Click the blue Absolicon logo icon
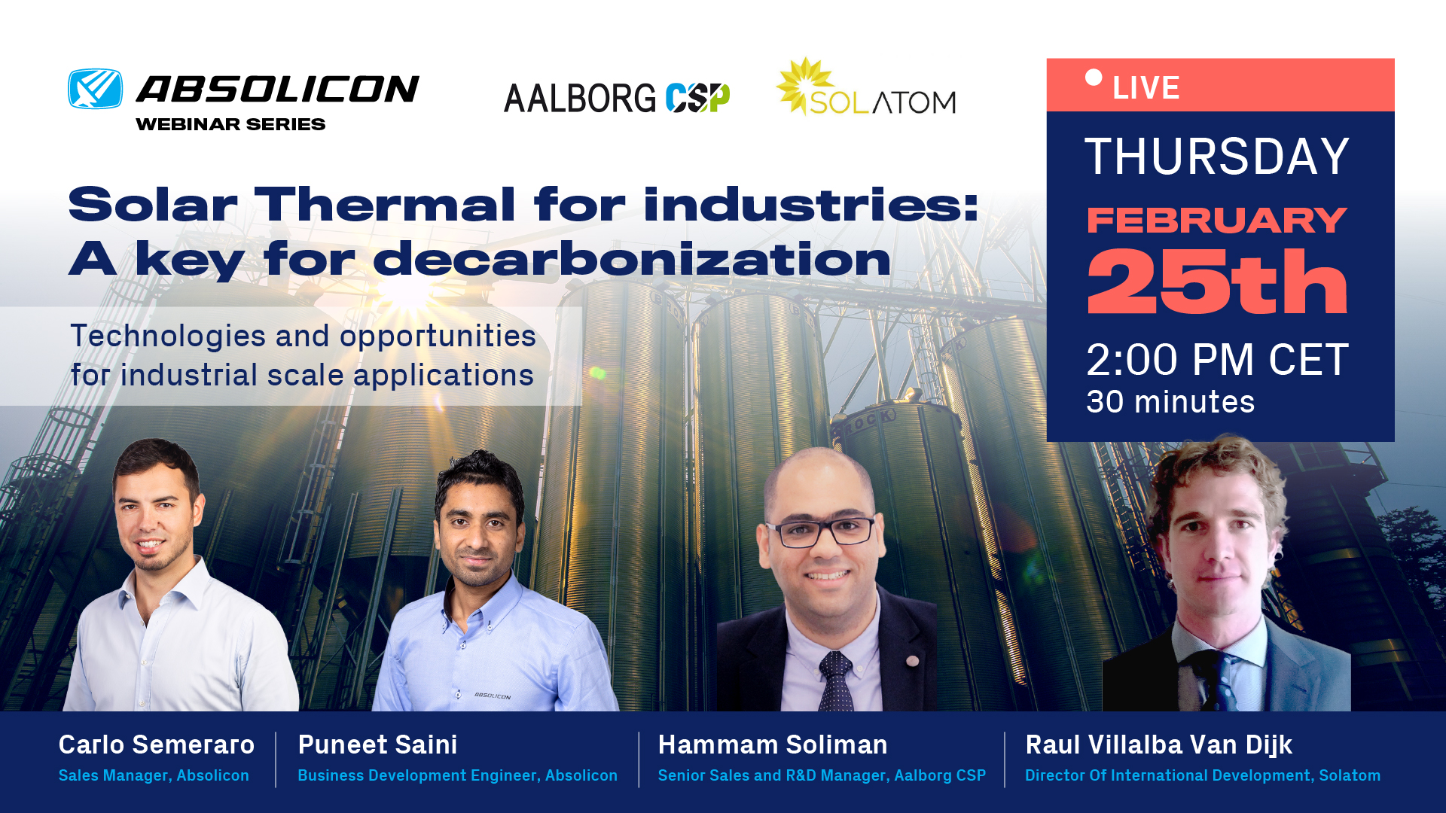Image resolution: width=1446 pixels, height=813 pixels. coord(96,89)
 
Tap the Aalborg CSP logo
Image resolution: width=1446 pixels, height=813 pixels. coord(617,98)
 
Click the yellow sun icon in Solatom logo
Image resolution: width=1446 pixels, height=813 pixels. coord(805,84)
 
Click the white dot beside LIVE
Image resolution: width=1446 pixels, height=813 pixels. coord(1094,78)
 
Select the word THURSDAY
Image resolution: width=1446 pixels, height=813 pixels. coord(1216,157)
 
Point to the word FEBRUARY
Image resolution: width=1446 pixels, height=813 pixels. coord(1216,221)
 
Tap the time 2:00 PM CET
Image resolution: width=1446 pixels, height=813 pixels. coord(1216,360)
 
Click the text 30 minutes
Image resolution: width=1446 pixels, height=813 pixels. coord(1170,402)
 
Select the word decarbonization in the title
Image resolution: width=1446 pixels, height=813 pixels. coord(632,260)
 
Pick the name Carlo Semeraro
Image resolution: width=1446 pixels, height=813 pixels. coord(157,744)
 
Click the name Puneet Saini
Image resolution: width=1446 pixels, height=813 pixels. coord(377,744)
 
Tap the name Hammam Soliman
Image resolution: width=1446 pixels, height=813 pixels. coord(773,744)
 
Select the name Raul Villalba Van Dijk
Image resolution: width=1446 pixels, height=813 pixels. coord(1158,745)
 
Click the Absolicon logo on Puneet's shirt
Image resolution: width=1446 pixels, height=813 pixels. coord(493,696)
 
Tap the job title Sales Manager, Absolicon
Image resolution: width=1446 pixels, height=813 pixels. coord(154,775)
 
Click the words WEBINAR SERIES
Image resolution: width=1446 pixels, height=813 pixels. coord(230,124)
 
